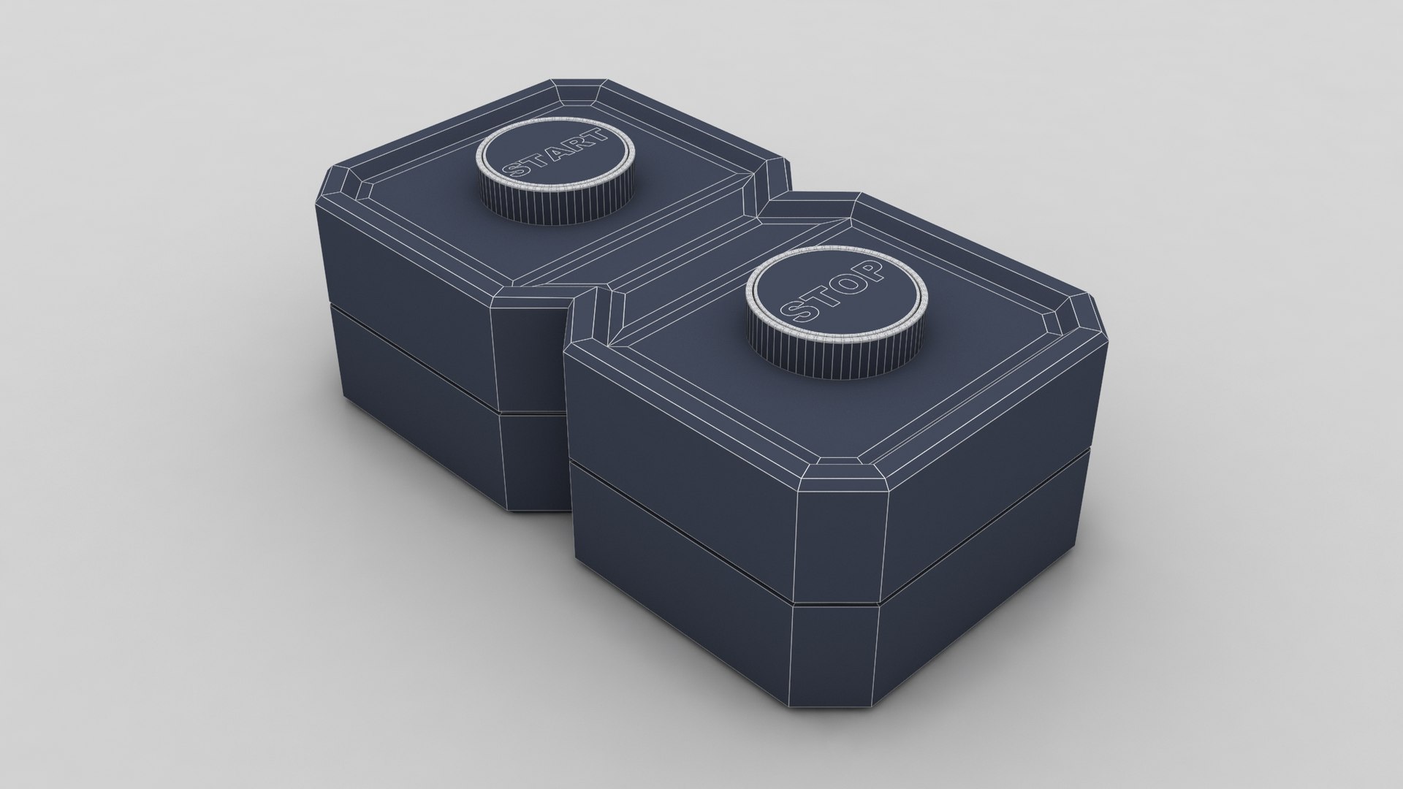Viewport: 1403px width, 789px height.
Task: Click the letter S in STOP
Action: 794,315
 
